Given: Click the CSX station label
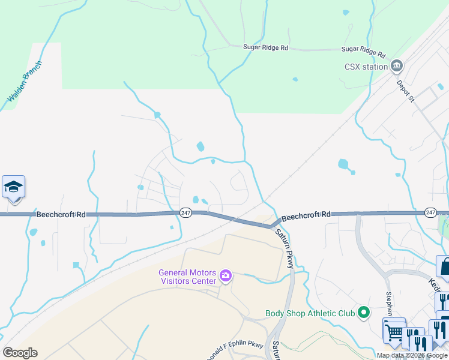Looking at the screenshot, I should (366, 67).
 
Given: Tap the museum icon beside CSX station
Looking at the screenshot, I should (396, 66).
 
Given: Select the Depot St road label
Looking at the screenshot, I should (406, 90).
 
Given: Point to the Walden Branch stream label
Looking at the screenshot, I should (24, 80).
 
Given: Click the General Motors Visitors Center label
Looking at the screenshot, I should (186, 277).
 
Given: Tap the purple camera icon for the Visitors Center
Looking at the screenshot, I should (226, 276).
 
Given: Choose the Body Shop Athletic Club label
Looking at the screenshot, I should (310, 313).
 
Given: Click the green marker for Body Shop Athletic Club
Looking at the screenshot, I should (363, 313).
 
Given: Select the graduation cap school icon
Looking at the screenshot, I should (13, 187).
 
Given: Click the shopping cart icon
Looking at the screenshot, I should (394, 330).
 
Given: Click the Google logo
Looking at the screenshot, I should (20, 353).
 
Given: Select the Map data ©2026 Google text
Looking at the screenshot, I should (412, 355).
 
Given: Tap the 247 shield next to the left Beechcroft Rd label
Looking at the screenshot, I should (186, 214).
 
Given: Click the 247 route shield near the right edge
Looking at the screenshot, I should (430, 213).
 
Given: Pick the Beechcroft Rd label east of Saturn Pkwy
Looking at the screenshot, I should (306, 214).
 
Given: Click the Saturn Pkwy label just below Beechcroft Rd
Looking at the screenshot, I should (286, 244).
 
